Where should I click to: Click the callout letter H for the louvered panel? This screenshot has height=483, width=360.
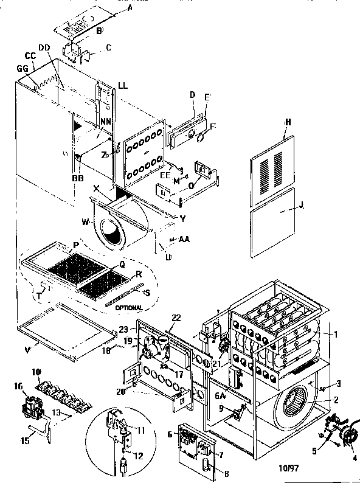[x=288, y=122]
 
